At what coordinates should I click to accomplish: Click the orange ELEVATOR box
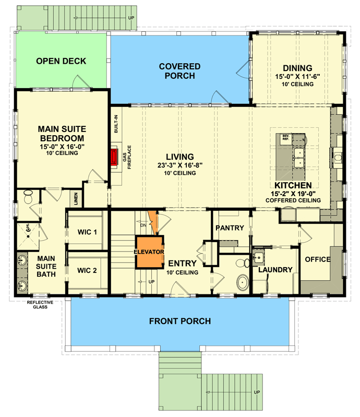pyautogui.click(x=150, y=252)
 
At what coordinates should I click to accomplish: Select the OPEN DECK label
pyautogui.click(x=61, y=62)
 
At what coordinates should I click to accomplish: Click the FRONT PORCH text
pyautogui.click(x=180, y=321)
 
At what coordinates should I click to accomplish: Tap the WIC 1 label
pyautogui.click(x=88, y=232)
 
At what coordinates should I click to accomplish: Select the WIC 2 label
pyautogui.click(x=88, y=270)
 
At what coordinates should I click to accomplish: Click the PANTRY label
pyautogui.click(x=231, y=228)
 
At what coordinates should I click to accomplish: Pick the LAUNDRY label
pyautogui.click(x=274, y=270)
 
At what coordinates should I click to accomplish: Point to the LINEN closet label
pyautogui.click(x=76, y=199)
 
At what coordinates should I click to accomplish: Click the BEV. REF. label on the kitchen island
pyautogui.click(x=285, y=138)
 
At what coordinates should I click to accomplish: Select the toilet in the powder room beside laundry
pyautogui.click(x=243, y=282)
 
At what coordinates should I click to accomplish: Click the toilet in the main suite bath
pyautogui.click(x=29, y=198)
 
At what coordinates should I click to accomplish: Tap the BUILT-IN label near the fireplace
pyautogui.click(x=116, y=124)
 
